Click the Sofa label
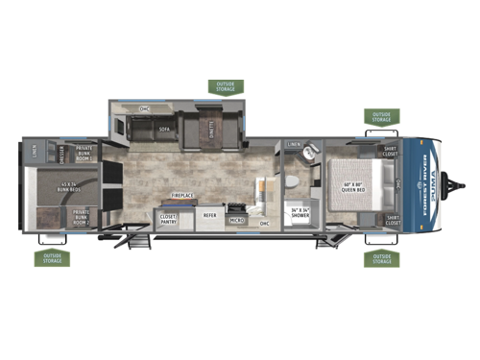[164, 127]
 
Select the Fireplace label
[184, 195]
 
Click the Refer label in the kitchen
[209, 216]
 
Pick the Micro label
[236, 221]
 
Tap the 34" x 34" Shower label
[301, 213]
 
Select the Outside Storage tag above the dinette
[226, 87]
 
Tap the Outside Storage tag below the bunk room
[51, 258]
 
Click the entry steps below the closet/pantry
[139, 241]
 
